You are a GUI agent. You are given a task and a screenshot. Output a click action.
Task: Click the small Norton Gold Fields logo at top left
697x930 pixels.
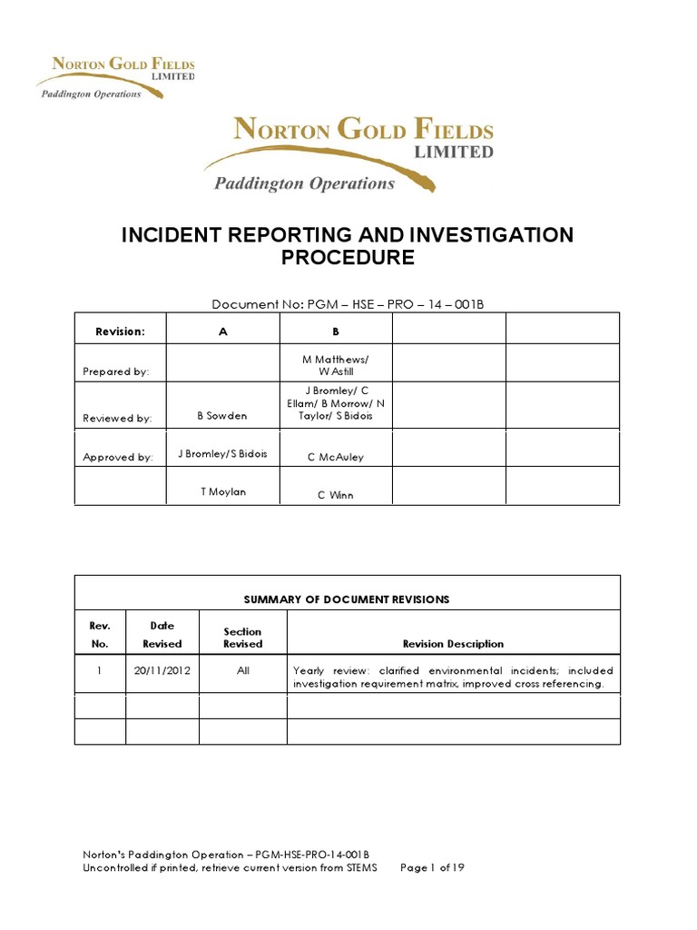coord(115,77)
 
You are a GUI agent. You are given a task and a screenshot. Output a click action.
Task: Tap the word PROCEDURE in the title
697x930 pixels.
coord(348,258)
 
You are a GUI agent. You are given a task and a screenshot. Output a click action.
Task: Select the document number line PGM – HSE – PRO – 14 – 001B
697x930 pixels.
coord(348,304)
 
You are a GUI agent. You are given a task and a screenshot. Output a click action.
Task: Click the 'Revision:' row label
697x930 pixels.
coord(120,331)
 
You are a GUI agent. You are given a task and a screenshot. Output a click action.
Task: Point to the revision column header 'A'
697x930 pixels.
coord(223,331)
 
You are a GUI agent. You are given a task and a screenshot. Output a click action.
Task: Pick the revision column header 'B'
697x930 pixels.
coord(336,331)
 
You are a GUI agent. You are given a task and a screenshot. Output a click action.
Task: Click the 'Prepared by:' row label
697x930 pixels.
coord(116,371)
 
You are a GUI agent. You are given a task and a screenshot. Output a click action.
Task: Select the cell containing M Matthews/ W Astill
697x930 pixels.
coord(336,365)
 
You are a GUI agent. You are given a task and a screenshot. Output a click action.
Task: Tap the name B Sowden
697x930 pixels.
coord(222,416)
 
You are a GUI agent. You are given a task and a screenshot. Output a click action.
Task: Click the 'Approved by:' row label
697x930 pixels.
coord(118,457)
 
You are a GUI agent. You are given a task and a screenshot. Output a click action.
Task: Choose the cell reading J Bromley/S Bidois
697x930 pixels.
coord(222,453)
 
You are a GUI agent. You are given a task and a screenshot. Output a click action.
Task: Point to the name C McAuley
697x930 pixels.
coord(336,457)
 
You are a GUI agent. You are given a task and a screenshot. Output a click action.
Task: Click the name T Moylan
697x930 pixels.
coord(223,491)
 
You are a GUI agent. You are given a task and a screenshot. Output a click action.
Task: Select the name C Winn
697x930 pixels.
coord(336,495)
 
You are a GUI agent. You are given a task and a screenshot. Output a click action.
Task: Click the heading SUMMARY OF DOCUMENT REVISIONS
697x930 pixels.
coord(347,599)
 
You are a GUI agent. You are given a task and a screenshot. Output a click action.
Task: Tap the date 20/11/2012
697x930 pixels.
coord(162,671)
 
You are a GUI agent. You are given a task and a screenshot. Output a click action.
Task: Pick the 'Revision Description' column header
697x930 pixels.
coord(453,644)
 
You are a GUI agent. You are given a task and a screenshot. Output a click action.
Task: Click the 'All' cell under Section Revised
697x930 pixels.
coord(242,671)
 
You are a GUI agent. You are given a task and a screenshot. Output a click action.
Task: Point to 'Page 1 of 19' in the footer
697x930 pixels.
coord(432,868)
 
